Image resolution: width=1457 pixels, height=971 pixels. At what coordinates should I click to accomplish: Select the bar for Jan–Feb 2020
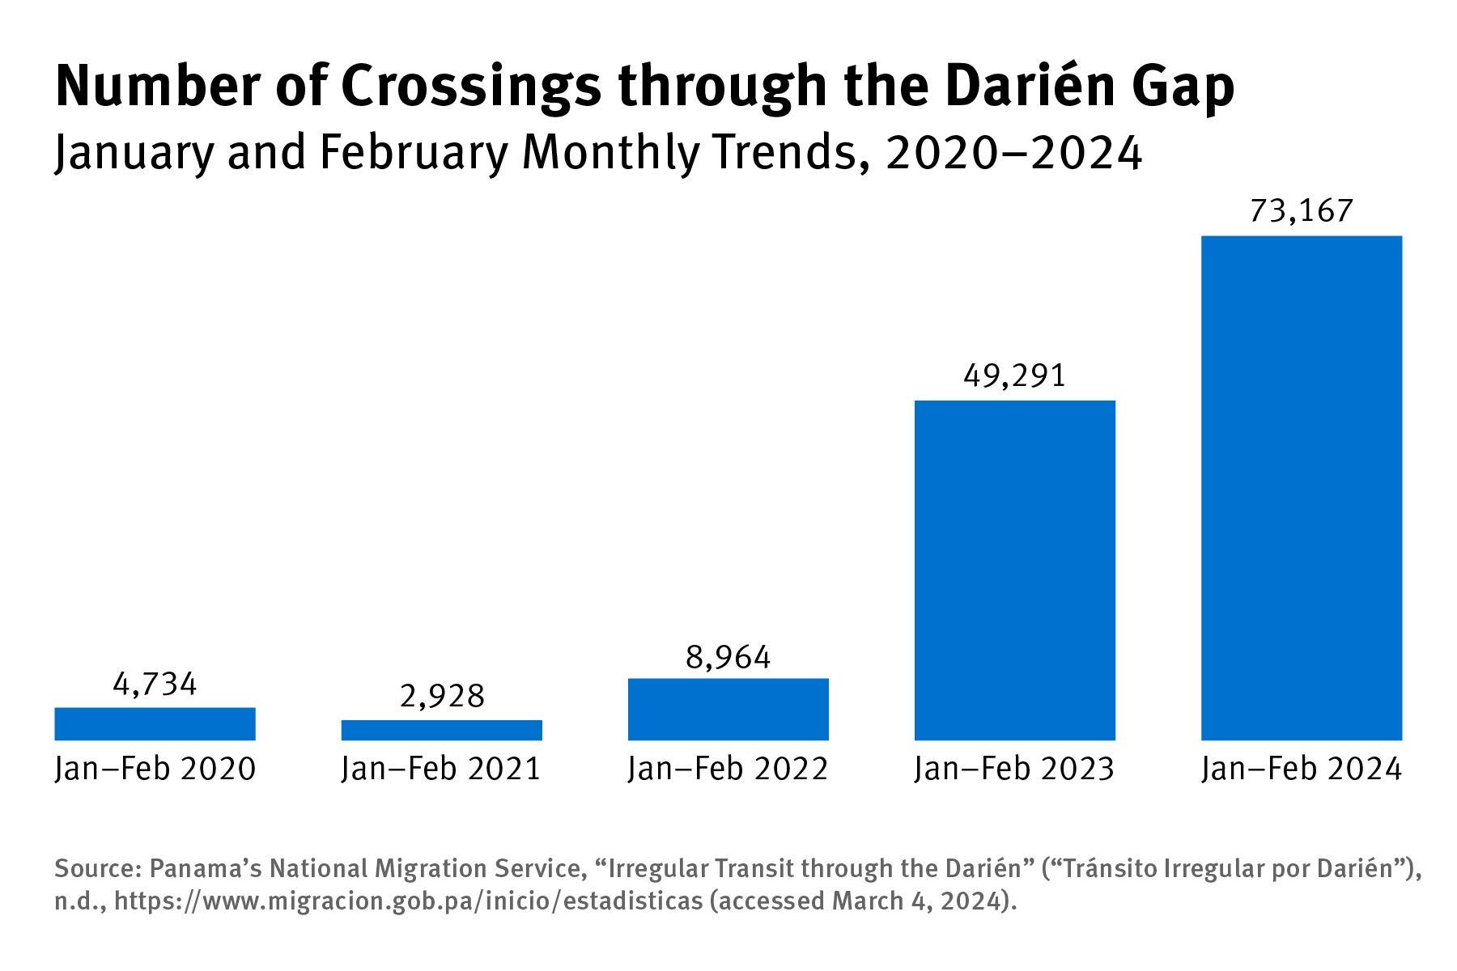[155, 723]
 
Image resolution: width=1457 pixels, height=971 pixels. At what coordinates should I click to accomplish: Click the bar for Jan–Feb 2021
[441, 730]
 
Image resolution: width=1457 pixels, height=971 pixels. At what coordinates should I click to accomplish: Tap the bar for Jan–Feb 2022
[728, 709]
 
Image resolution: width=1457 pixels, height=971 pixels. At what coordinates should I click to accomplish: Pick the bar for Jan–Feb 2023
[1014, 570]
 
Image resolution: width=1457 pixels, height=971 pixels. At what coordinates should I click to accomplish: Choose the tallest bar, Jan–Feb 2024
[1301, 487]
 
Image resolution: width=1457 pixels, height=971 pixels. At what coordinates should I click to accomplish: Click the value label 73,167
[1301, 210]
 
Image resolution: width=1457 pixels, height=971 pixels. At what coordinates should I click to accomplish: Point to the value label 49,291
[1014, 375]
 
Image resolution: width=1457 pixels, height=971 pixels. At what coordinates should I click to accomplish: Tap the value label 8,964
[728, 657]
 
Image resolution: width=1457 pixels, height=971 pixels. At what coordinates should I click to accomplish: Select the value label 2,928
[441, 696]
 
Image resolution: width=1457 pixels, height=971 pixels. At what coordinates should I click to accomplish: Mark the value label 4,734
[155, 685]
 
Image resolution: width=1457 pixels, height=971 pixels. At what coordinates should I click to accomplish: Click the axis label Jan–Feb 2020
[155, 769]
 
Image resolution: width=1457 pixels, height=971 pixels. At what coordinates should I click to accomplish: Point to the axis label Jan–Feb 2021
[441, 769]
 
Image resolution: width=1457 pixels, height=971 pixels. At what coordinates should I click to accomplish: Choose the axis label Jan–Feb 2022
[728, 769]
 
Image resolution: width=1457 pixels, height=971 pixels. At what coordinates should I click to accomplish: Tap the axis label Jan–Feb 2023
[1014, 769]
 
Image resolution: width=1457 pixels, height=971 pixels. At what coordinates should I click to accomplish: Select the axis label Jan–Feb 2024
[1301, 769]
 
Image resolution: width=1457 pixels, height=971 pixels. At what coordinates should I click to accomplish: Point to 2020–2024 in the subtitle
[1013, 152]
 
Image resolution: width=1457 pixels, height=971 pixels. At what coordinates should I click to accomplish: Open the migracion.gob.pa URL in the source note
[408, 901]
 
